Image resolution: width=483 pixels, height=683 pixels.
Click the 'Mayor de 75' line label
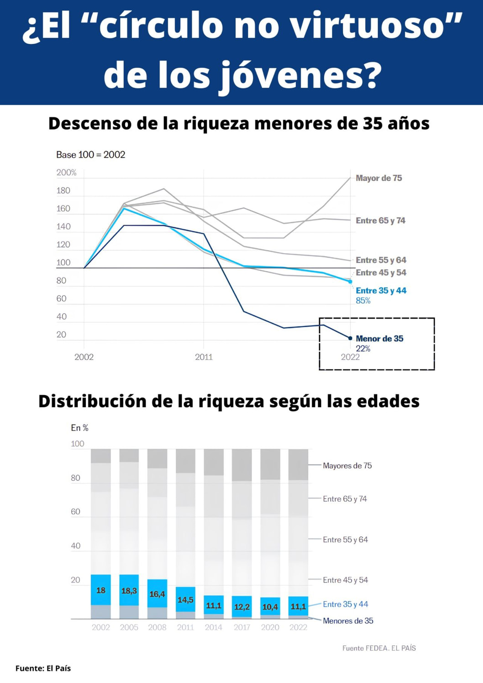[x=378, y=178]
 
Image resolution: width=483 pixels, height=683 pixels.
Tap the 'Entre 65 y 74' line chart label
[x=380, y=221]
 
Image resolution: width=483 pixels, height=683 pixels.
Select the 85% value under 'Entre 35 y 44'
[x=363, y=300]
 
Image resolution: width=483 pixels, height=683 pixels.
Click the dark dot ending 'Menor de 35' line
[x=350, y=338]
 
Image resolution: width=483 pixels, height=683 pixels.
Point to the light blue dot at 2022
[x=350, y=282]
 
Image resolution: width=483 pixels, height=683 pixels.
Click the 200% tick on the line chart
[x=66, y=173]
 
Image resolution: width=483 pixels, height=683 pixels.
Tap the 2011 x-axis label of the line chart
[x=204, y=357]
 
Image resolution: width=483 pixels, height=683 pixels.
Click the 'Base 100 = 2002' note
[x=90, y=155]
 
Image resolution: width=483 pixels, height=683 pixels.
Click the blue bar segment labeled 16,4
[x=157, y=593]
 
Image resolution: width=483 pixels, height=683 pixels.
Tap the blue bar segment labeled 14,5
[x=185, y=599]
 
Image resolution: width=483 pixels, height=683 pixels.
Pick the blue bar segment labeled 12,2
[x=242, y=606]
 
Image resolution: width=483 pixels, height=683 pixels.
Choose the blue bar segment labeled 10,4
[x=270, y=606]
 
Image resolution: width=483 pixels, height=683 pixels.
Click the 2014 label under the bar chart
[x=213, y=627]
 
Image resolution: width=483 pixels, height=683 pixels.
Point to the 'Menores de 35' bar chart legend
[x=348, y=621]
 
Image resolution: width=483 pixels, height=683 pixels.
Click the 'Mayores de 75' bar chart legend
[x=347, y=466]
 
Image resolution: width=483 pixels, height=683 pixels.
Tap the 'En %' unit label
[x=79, y=428]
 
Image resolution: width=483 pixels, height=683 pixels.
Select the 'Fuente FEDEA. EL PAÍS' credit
[x=379, y=648]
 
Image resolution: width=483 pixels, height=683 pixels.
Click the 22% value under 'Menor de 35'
[x=363, y=348]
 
